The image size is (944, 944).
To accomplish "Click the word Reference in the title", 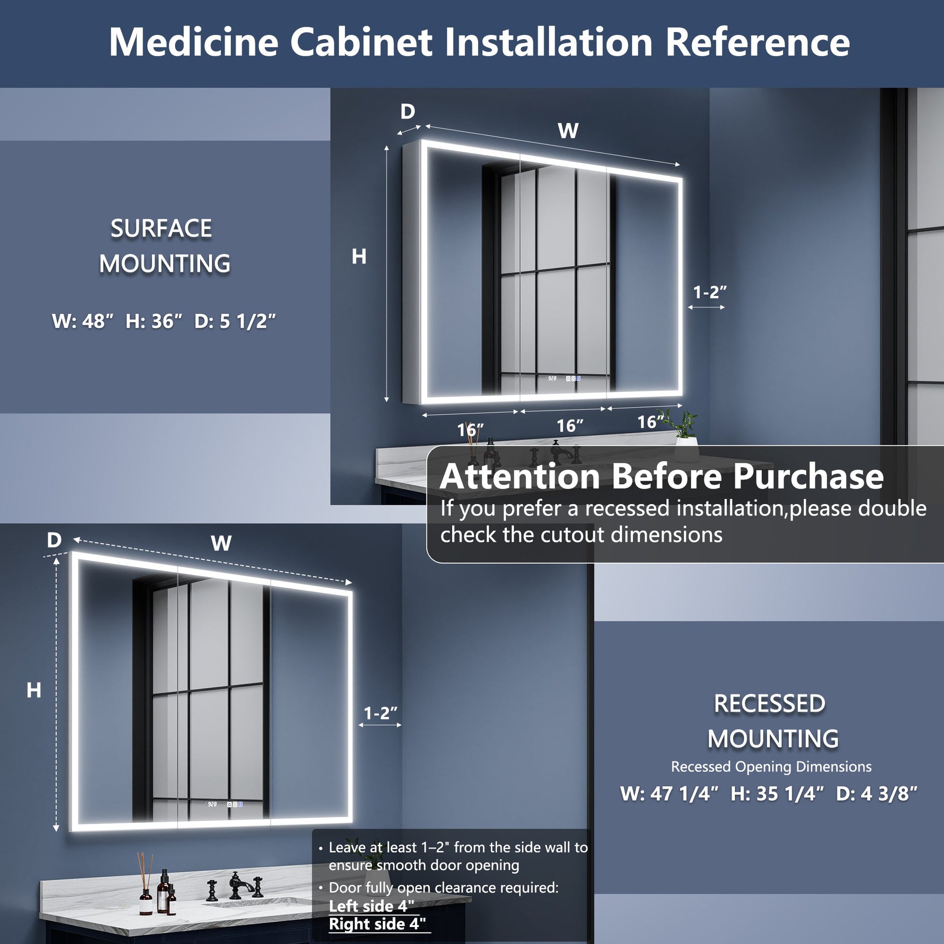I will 757,43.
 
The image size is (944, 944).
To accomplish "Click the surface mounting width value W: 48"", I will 82,321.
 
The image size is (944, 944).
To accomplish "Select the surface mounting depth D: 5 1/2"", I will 234,321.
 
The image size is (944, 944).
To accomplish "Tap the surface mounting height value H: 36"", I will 154,321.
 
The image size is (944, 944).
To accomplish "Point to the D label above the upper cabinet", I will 407,112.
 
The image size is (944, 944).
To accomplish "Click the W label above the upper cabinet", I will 568,131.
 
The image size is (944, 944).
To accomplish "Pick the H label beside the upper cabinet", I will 359,257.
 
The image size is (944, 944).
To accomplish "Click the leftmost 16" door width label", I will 470,430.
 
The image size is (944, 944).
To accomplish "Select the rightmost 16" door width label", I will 650,422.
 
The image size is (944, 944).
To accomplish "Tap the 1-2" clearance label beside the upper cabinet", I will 710,292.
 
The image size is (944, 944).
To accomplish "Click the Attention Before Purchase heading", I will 662,476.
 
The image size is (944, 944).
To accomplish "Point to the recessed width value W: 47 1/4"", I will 669,794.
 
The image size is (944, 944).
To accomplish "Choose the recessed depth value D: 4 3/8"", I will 876,794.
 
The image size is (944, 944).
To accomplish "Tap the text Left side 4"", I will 372,906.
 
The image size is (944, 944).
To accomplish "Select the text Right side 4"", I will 377,924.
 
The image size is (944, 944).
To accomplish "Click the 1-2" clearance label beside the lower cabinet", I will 381,714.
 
